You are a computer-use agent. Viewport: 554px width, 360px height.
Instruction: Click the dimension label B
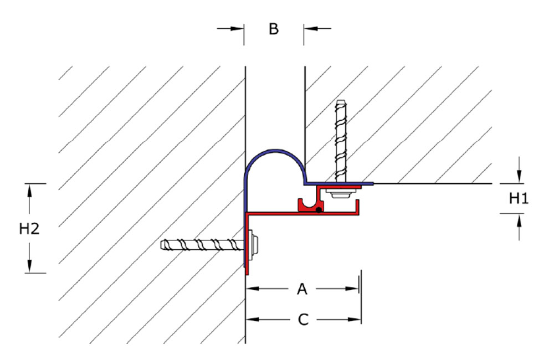pos(274,29)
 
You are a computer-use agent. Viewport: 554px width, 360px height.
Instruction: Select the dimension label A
pos(302,289)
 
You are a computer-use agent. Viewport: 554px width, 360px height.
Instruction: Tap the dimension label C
pos(303,320)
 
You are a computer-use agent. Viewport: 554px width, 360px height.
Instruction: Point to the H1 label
pos(519,198)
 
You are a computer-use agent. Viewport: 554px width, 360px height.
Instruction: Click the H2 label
pos(29,229)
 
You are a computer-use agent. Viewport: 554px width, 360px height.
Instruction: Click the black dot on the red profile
pos(319,210)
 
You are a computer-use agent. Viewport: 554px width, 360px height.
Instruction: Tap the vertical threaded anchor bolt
pos(341,141)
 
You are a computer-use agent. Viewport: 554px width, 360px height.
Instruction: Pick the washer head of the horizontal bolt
pos(254,244)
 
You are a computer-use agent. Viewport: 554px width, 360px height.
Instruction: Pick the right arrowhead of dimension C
pos(355,320)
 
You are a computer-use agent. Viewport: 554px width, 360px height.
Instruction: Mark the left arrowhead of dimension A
pos(252,289)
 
